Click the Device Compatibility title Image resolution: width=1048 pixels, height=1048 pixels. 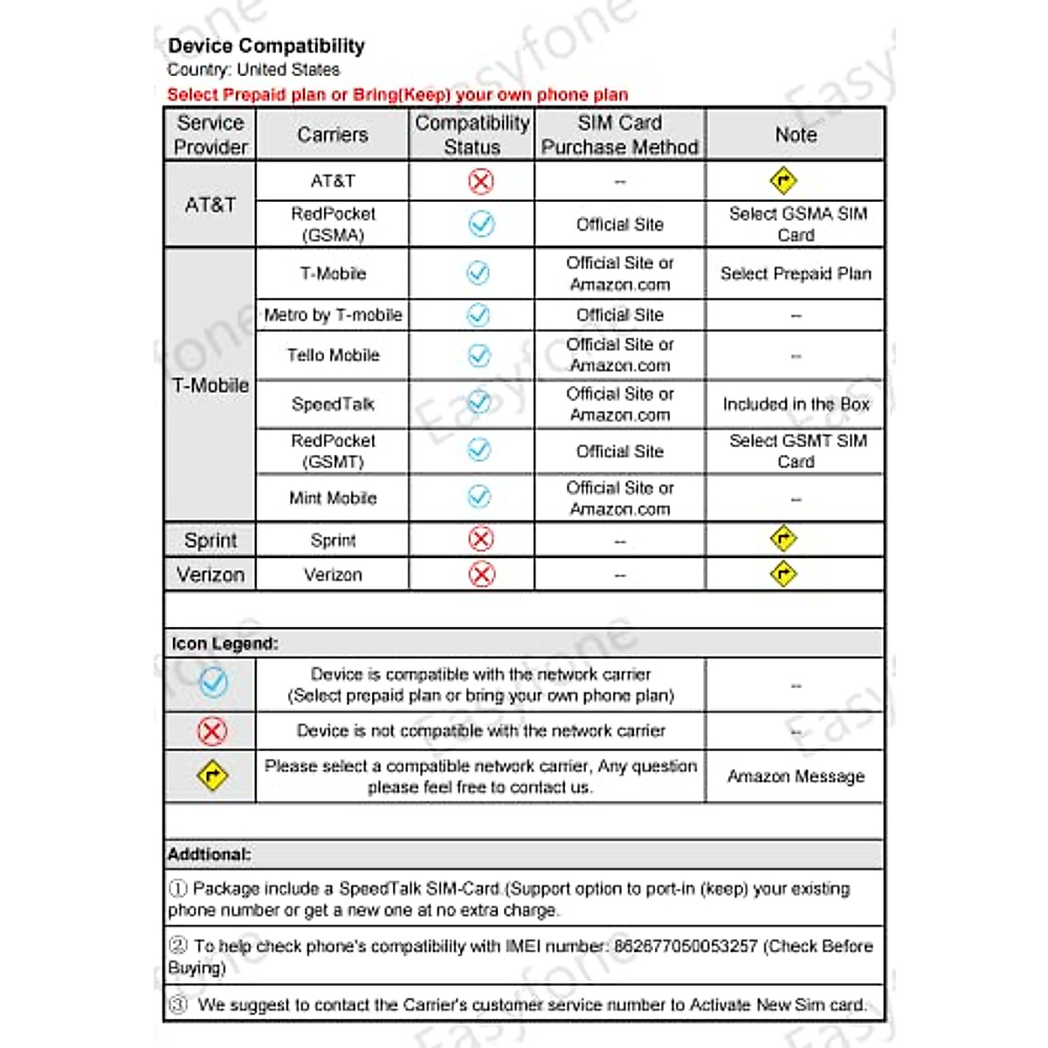coord(266,45)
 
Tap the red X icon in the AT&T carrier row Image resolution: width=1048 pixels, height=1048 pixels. coord(480,181)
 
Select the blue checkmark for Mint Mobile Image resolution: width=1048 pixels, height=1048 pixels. coord(479,497)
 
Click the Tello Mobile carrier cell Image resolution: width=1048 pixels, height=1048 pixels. coord(333,355)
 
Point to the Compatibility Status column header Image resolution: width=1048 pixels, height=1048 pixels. coord(472,134)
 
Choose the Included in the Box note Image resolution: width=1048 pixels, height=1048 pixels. coord(796,404)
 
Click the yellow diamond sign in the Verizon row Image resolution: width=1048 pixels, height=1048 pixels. coord(783,574)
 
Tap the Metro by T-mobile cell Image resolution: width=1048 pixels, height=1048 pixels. coord(333,314)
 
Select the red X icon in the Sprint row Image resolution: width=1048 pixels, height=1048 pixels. coord(480,539)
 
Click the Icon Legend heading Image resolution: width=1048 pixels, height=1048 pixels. coord(224,644)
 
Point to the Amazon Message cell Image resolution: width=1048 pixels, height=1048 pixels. coord(796,776)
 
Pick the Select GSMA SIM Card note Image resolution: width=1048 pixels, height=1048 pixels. coord(796,224)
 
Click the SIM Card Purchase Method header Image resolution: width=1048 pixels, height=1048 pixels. coord(619,134)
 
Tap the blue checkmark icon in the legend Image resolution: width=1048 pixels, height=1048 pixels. coord(212,682)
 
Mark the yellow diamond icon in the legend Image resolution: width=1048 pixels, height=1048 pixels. coord(212,776)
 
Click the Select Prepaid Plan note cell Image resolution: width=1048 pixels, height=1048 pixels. coord(796,273)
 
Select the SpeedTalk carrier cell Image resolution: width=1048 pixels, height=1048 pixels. coord(333,404)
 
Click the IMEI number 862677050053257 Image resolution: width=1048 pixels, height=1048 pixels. coord(686,946)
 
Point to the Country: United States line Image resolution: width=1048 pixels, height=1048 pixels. coord(253,70)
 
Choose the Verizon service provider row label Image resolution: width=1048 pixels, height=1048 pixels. coord(210,575)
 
